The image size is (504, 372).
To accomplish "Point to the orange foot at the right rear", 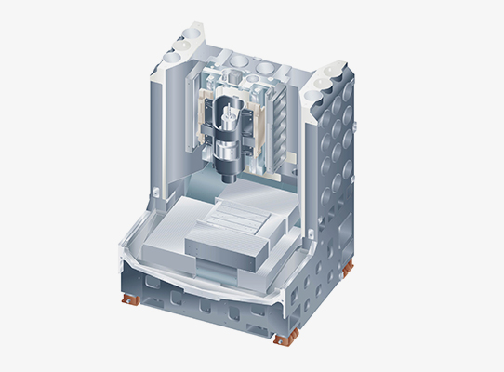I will [347, 269].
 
